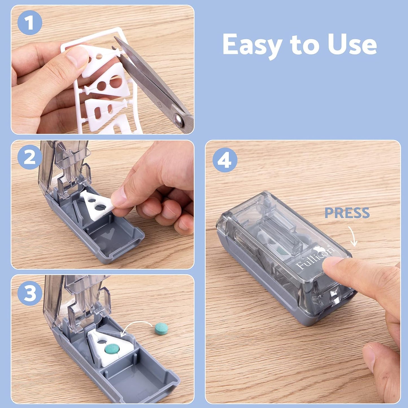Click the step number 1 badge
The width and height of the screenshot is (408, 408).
[29, 23]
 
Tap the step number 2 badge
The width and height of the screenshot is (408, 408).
[29, 157]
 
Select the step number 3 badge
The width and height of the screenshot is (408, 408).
[29, 293]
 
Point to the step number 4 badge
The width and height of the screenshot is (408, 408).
[225, 160]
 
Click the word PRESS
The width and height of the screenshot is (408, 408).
[347, 213]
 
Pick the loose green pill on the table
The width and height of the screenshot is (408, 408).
[161, 329]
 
